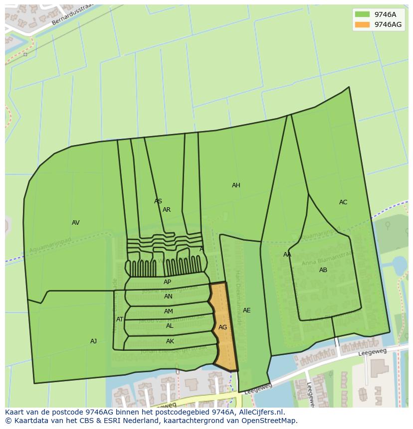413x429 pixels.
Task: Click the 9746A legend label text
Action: click(385, 14)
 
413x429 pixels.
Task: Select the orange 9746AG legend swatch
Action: click(363, 24)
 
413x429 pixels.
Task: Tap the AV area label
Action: click(76, 223)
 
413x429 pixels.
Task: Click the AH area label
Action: click(236, 185)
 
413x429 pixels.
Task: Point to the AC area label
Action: click(343, 202)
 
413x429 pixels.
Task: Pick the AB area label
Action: click(323, 270)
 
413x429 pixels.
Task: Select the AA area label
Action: click(287, 255)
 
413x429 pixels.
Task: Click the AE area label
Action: click(246, 310)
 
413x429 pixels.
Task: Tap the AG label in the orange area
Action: click(223, 327)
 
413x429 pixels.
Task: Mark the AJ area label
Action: click(93, 341)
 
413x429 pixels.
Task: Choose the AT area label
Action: click(120, 319)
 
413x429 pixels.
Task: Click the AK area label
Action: click(170, 341)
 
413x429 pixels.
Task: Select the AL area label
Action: click(170, 326)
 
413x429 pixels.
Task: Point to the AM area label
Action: click(169, 311)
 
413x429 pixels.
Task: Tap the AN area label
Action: click(168, 296)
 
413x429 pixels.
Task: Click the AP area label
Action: click(167, 282)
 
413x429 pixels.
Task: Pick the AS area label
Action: click(158, 201)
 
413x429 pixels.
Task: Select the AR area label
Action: click(167, 210)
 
